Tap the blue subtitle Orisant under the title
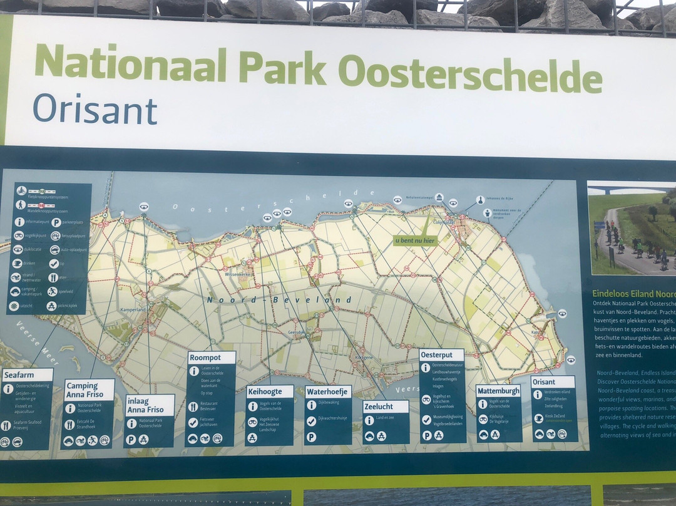point(95,109)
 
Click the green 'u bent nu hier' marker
point(415,240)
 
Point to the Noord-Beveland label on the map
point(279,300)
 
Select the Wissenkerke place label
point(237,274)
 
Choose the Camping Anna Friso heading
point(89,390)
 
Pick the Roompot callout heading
point(206,358)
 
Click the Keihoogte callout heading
point(265,391)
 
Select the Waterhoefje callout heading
point(327,392)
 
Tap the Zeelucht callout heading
point(379,406)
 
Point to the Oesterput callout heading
point(437,355)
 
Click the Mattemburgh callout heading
point(498,391)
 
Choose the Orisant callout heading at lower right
point(545,381)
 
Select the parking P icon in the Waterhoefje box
point(312,436)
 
